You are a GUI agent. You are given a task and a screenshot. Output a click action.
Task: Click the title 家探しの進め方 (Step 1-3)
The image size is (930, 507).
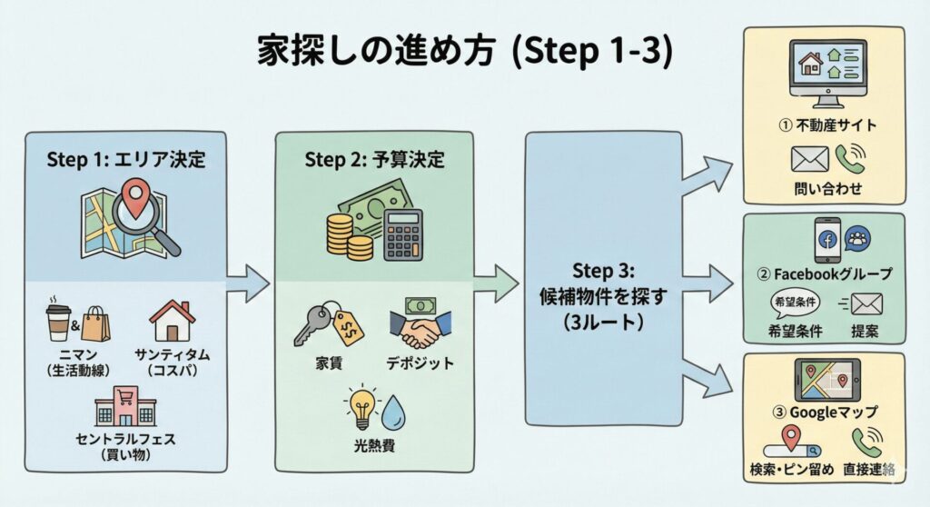pos(463,53)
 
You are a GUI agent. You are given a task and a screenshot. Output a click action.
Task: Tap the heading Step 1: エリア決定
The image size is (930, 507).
pos(126,161)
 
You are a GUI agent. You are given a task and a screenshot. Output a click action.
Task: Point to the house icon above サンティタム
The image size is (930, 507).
pos(173,320)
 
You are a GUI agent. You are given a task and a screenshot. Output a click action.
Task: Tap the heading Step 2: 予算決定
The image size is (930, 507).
pos(374,161)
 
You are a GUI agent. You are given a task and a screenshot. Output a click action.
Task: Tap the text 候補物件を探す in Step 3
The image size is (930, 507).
pos(603,297)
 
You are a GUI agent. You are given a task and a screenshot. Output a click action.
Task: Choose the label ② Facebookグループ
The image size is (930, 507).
pos(824,272)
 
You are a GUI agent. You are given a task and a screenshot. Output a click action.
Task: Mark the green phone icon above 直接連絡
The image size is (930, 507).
pos(867,443)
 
